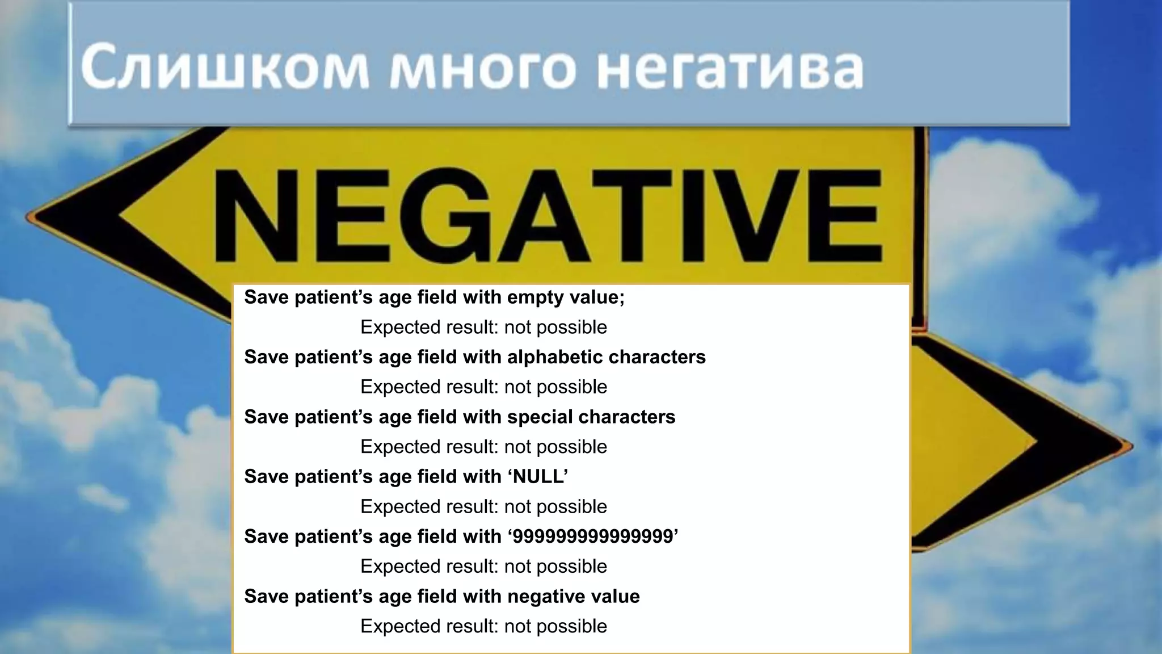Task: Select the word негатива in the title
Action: tap(730, 68)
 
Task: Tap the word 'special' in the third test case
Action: tap(539, 417)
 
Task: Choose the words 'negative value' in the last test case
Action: tap(573, 596)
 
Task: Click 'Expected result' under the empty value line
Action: tap(429, 327)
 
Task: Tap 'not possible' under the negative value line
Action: tap(555, 626)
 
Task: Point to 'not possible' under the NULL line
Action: tap(555, 506)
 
